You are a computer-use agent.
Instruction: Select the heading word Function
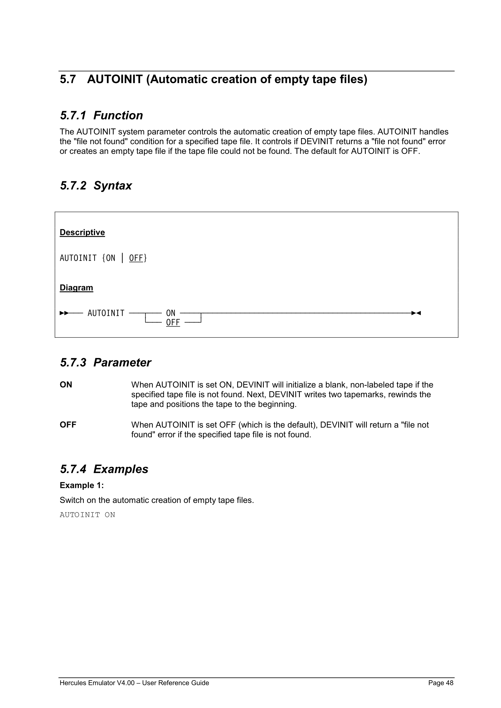tap(118, 115)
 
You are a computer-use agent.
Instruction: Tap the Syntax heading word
tap(113, 186)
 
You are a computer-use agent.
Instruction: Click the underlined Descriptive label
tap(82, 232)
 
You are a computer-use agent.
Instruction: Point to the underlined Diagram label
tap(76, 287)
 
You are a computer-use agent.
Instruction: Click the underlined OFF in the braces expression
tap(136, 258)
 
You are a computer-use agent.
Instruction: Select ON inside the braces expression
tap(110, 258)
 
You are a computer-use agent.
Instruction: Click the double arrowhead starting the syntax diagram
tap(64, 313)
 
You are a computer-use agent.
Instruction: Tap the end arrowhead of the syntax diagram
tap(416, 313)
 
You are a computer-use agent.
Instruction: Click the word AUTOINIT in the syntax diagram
tap(106, 313)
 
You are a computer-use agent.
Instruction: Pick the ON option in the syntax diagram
tap(170, 313)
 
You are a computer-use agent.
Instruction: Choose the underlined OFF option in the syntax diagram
tap(173, 322)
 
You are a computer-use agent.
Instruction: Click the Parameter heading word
tap(122, 363)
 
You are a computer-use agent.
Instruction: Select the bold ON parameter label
tap(66, 385)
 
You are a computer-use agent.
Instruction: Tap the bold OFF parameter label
tap(68, 425)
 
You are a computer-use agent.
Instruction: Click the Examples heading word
tap(120, 469)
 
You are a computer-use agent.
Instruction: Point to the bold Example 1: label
tap(82, 485)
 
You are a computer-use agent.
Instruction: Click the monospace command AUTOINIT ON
tap(87, 515)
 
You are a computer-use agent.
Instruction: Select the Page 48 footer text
tap(441, 683)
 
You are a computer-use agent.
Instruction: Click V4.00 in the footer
tap(126, 683)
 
